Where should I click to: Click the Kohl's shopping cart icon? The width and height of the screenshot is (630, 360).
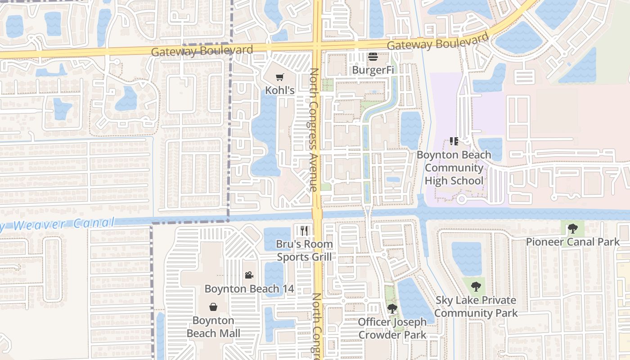(x=280, y=77)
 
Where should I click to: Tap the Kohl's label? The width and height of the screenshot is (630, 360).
(x=280, y=90)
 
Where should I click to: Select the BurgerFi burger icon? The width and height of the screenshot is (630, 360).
(x=373, y=57)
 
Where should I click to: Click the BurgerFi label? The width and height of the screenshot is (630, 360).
(x=373, y=70)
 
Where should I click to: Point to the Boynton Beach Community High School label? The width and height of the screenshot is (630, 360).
(x=454, y=168)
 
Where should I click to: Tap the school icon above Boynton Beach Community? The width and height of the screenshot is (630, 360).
(x=454, y=141)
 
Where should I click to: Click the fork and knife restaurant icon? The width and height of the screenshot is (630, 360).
(x=304, y=231)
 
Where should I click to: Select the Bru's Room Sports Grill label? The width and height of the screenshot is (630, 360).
(x=304, y=251)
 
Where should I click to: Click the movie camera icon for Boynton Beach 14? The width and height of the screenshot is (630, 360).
(x=249, y=275)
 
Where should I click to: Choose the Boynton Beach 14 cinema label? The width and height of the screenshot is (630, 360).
(x=249, y=288)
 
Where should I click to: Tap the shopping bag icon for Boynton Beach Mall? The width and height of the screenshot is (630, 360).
(x=213, y=307)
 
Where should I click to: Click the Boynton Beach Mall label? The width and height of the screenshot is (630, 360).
(x=213, y=327)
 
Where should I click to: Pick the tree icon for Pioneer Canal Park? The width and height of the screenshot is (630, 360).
(x=572, y=229)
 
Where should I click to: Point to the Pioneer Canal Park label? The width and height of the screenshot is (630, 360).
(x=572, y=242)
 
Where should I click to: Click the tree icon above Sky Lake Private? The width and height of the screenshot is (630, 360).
(x=476, y=286)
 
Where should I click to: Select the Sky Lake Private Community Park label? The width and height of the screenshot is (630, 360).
(x=476, y=306)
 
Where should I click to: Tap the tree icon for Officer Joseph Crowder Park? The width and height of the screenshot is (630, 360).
(x=392, y=309)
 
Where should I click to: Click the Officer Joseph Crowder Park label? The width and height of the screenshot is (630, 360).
(x=392, y=328)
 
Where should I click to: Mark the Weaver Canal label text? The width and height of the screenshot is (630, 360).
(x=58, y=224)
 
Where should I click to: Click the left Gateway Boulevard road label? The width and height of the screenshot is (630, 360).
(x=202, y=51)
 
